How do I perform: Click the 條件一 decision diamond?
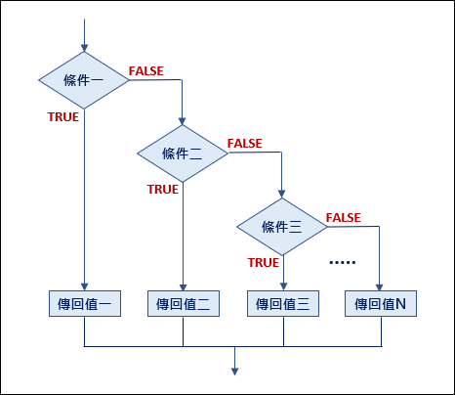tap(84, 80)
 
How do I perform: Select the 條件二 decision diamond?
tap(183, 154)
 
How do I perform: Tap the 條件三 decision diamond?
tap(282, 227)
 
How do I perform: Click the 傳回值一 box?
tap(85, 304)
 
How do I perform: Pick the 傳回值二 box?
tap(184, 304)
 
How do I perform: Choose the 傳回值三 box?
tap(283, 304)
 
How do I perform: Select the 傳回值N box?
tap(381, 304)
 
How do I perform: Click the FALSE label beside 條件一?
tap(146, 71)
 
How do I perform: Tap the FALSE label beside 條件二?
tap(245, 144)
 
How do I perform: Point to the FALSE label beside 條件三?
tap(344, 218)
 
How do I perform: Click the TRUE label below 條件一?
tap(63, 117)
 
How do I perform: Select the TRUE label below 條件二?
tap(163, 190)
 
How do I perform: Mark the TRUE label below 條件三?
tap(264, 263)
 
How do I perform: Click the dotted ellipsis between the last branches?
tap(343, 262)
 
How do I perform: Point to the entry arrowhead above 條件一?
tap(84, 48)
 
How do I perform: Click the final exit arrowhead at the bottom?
tap(234, 372)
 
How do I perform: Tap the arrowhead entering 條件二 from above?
tap(183, 121)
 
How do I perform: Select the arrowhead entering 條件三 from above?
tap(282, 195)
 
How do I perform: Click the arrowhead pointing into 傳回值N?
tap(379, 286)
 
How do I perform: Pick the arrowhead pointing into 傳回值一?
tap(84, 286)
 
